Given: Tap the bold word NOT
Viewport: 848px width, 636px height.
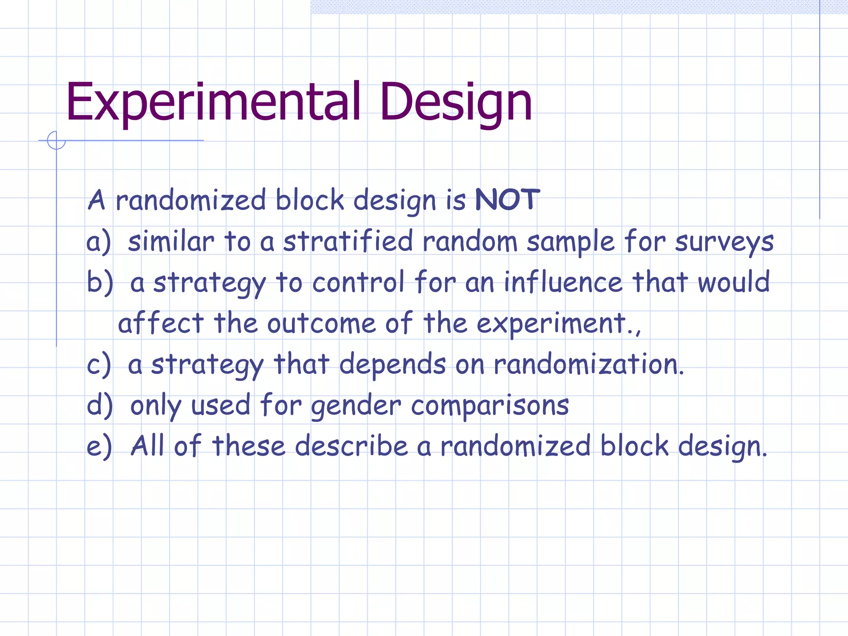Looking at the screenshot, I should click(507, 200).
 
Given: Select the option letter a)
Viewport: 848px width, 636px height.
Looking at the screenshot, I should click(99, 242).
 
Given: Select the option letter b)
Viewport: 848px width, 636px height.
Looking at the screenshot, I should click(99, 282).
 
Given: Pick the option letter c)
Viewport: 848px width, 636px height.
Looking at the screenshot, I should click(99, 364).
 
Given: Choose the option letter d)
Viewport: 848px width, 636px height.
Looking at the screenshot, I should click(99, 405).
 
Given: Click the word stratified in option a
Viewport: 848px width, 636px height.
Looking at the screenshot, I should click(348, 241).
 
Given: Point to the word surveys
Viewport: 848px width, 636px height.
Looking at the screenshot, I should click(724, 242).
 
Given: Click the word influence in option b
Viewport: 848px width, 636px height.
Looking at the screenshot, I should click(563, 282).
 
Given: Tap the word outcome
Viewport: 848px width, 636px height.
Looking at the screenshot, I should click(321, 323).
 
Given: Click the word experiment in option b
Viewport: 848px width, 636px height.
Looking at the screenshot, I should click(551, 323).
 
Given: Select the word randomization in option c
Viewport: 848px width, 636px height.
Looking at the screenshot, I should click(588, 364).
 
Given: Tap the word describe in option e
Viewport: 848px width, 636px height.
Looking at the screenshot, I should click(352, 446).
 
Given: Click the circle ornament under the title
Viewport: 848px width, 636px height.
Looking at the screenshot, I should click(56, 140).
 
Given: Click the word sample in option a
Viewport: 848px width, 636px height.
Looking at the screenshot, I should click(571, 242).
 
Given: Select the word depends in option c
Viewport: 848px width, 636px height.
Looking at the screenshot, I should click(392, 364).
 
